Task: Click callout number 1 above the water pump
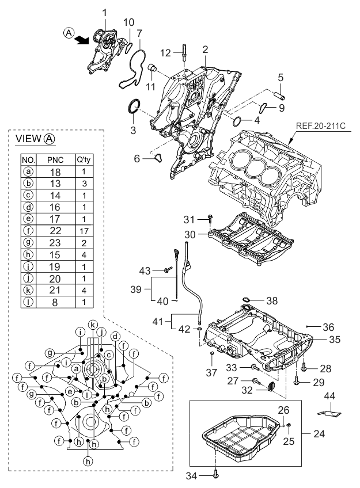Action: click(x=105, y=11)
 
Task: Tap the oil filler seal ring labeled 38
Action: click(x=244, y=300)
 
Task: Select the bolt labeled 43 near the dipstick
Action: click(x=168, y=269)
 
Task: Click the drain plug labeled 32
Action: click(x=268, y=387)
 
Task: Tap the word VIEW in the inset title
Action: click(x=28, y=139)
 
